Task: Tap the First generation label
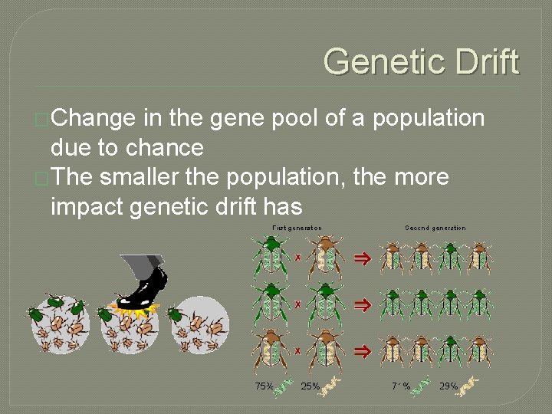[x=297, y=228]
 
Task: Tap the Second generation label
[x=435, y=228]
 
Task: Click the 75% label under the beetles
[x=264, y=386]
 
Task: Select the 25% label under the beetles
[x=310, y=386]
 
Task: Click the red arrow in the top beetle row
[x=362, y=258]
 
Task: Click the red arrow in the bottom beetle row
[x=362, y=352]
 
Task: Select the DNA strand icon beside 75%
[x=284, y=386]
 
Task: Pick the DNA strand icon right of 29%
[x=469, y=386]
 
